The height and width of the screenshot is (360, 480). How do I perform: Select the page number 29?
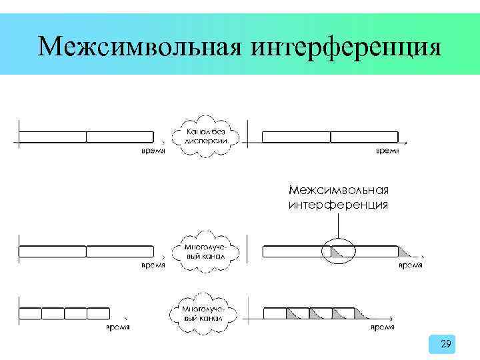[x=446, y=344]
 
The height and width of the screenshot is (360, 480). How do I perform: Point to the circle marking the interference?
[x=336, y=251]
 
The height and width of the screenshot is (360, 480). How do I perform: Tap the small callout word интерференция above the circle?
[x=339, y=205]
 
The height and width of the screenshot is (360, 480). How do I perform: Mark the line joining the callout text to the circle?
[x=339, y=224]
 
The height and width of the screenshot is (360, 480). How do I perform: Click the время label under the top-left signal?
[x=153, y=151]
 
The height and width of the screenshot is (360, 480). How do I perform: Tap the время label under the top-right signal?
[x=387, y=151]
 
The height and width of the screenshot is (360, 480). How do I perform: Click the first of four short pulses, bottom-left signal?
[x=31, y=313]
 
